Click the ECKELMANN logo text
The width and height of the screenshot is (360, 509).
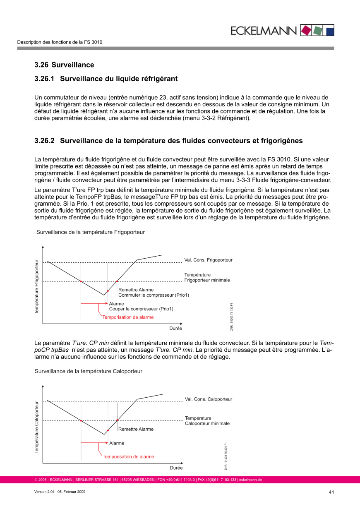[x=264, y=31]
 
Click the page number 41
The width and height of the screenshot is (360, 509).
[x=331, y=492]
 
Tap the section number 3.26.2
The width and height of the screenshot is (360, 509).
[x=44, y=141]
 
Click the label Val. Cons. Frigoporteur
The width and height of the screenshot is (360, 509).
[x=208, y=260]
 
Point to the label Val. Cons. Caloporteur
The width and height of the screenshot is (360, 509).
[x=208, y=399]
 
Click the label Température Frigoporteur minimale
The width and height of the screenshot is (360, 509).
[x=207, y=278]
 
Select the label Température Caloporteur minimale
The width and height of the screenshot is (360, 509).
[x=207, y=421]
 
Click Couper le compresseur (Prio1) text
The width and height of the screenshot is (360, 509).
[x=141, y=309]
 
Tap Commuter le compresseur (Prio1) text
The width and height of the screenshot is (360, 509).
[x=154, y=295]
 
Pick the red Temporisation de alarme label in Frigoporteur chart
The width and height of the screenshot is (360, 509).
[x=128, y=317]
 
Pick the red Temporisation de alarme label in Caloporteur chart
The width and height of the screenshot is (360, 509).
[x=128, y=457]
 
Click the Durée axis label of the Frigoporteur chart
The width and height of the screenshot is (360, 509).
[x=175, y=329]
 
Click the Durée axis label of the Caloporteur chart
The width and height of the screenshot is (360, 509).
[x=176, y=468]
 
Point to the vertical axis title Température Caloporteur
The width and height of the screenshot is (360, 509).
[x=36, y=427]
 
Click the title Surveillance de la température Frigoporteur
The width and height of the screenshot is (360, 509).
[x=91, y=232]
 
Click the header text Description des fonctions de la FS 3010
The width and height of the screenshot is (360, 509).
[x=60, y=42]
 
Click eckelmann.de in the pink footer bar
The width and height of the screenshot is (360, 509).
[x=250, y=480]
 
